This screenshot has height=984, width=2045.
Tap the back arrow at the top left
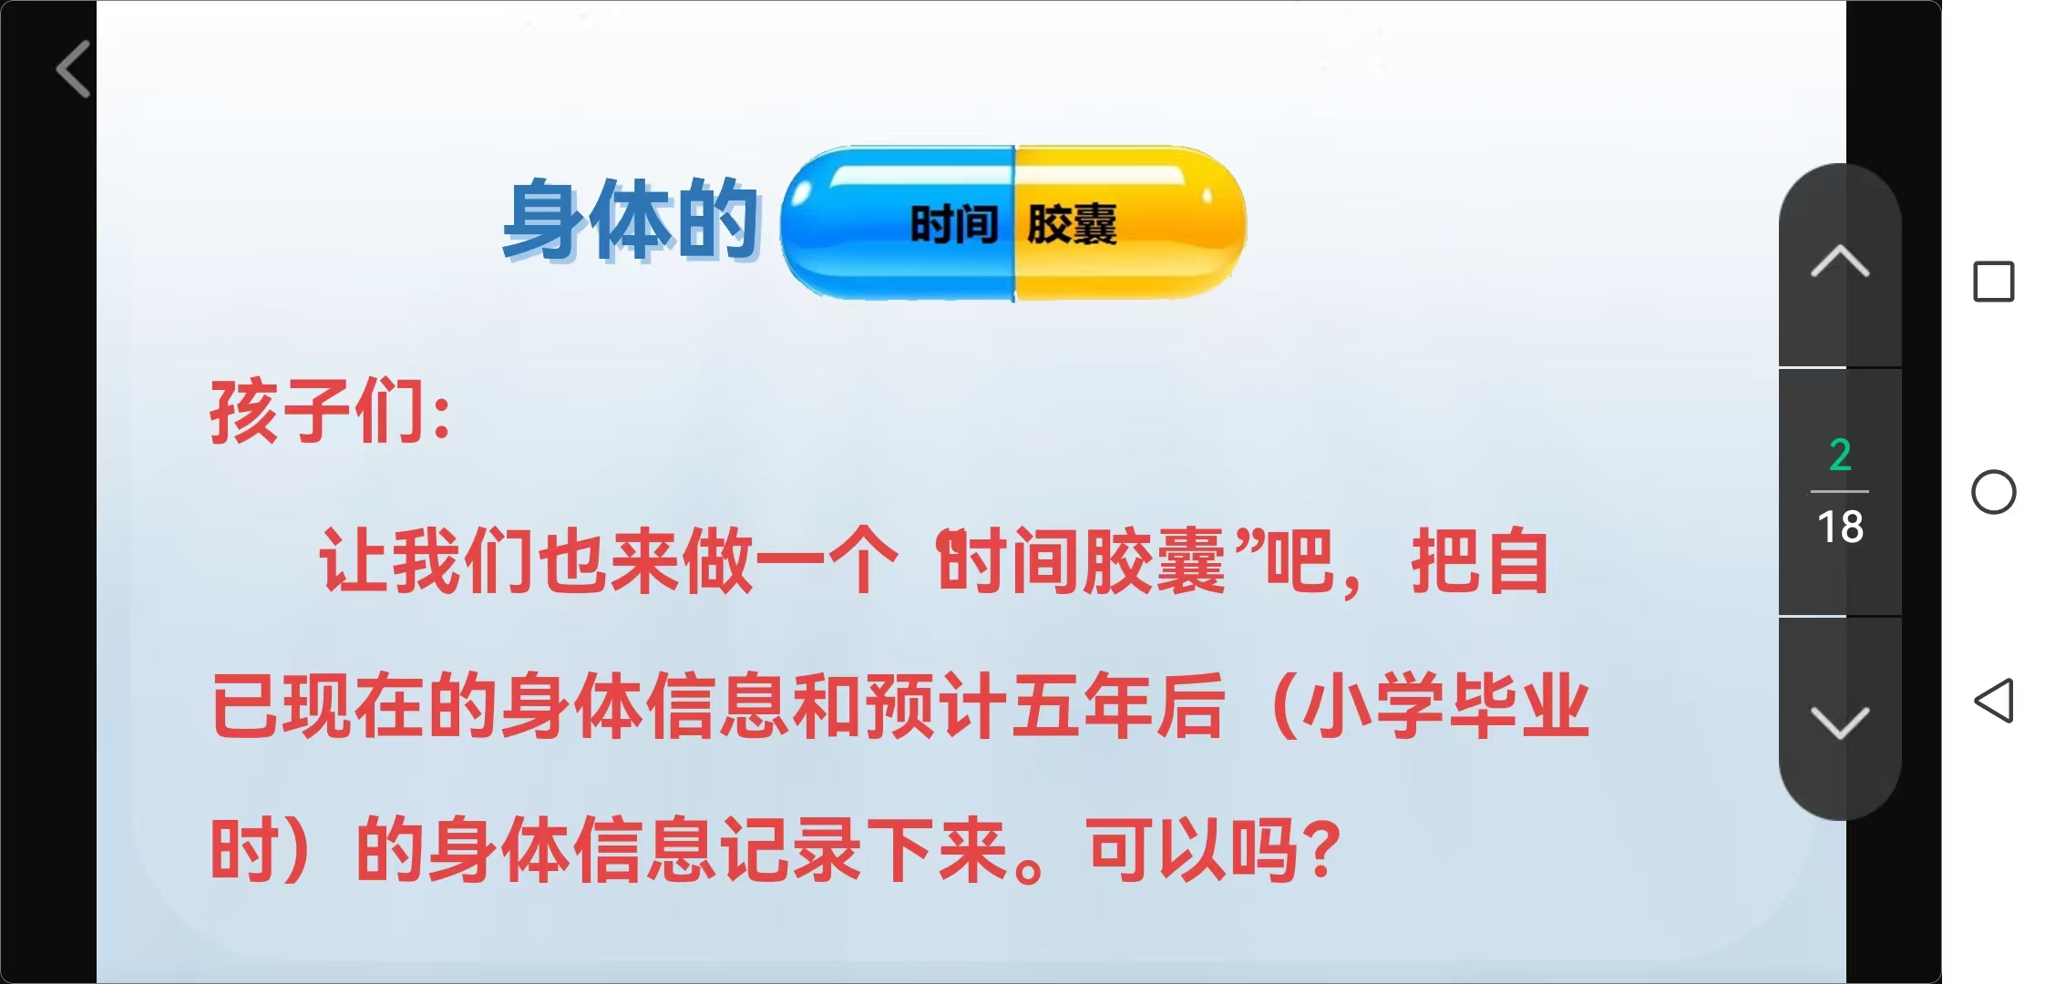[x=73, y=68]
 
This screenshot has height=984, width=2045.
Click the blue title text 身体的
[x=632, y=220]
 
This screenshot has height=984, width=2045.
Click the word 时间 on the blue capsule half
[x=954, y=224]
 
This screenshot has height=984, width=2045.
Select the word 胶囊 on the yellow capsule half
[x=1072, y=224]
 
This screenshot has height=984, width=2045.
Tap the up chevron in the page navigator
[x=1840, y=261]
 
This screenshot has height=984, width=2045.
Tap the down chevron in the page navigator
[x=1840, y=723]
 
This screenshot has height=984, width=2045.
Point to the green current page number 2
[x=1840, y=455]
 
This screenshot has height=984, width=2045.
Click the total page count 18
[x=1840, y=527]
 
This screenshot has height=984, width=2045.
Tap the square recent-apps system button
[x=1993, y=282]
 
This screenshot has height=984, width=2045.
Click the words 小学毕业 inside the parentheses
[x=1446, y=706]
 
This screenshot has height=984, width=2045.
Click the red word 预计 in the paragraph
[x=937, y=706]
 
